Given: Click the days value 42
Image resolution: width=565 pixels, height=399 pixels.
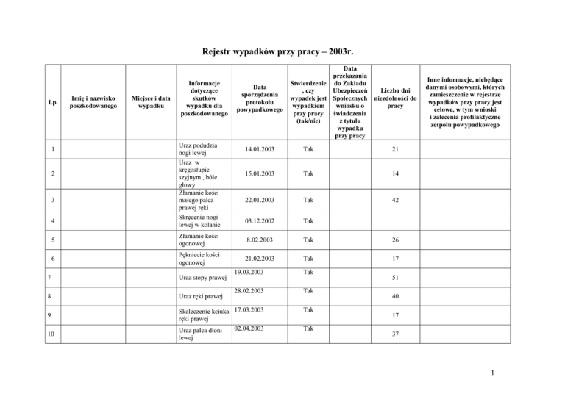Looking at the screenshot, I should [x=395, y=201].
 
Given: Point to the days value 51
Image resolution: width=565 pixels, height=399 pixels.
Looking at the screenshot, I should [x=395, y=279].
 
